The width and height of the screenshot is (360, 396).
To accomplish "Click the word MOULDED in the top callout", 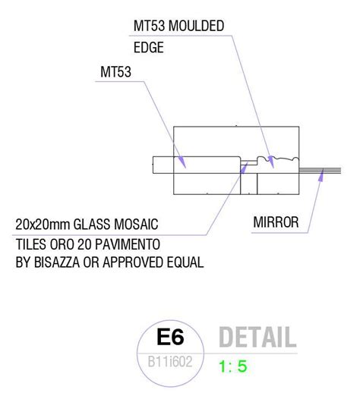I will [x=196, y=27].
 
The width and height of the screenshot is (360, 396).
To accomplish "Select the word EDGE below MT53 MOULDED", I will [x=149, y=47].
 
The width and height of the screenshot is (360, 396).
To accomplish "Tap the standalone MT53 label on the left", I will [x=115, y=72].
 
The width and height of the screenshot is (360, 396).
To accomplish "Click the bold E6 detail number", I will [x=171, y=335].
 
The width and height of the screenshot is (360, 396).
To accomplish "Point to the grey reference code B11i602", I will [x=171, y=361].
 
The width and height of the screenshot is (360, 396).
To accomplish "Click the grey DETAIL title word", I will [x=256, y=336].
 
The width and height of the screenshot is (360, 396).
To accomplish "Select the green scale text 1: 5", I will [x=232, y=366].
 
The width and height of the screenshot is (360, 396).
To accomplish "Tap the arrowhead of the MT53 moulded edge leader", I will [x=270, y=157].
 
